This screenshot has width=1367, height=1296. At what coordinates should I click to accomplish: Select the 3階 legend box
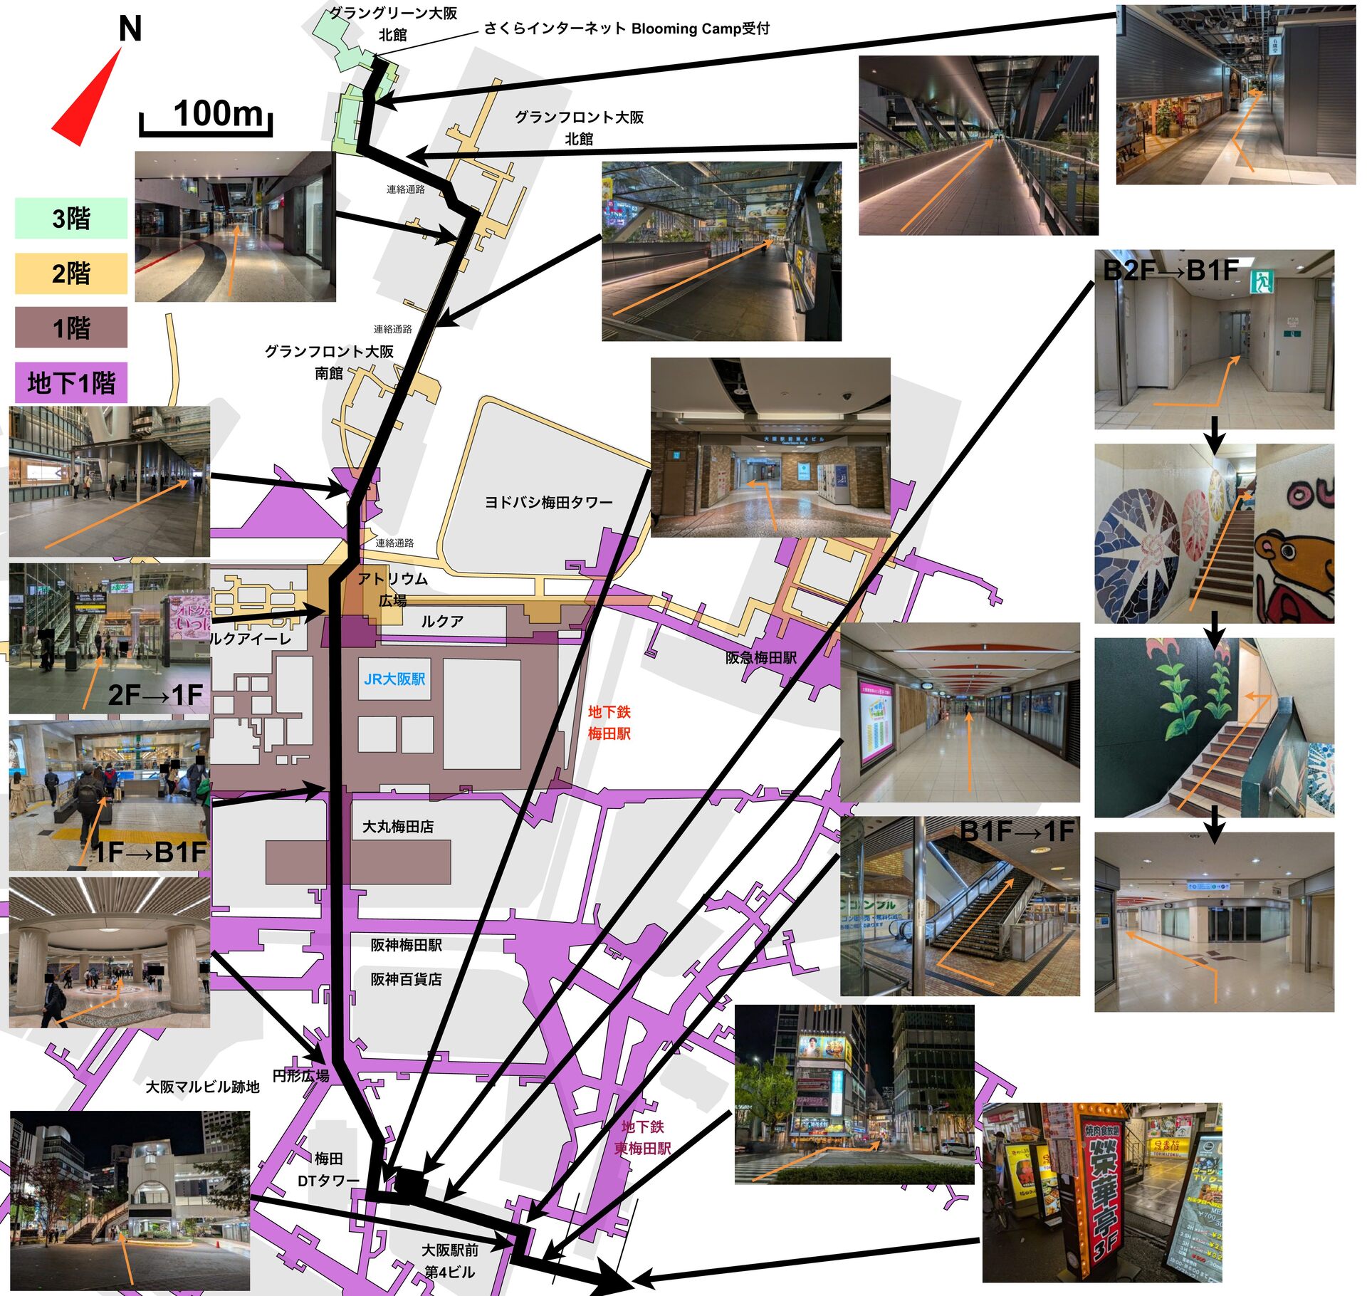click(71, 218)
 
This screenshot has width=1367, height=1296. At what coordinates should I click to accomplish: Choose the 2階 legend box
click(71, 273)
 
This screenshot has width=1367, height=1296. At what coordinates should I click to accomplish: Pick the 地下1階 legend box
click(71, 383)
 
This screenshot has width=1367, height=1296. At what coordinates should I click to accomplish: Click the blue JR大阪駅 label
click(394, 679)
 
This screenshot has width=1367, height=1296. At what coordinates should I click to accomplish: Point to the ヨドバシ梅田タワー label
click(548, 503)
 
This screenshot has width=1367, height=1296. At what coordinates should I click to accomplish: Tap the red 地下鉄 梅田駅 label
click(609, 722)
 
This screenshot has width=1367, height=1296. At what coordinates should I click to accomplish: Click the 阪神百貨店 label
click(406, 979)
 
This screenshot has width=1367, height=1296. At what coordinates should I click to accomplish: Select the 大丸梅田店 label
click(397, 827)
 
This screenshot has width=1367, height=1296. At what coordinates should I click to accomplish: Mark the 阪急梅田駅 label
click(760, 658)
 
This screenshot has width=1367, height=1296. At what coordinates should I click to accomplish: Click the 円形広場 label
click(300, 1075)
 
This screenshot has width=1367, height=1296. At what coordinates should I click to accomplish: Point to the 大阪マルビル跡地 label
click(202, 1087)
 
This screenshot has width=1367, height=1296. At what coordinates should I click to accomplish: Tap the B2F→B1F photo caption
click(1170, 271)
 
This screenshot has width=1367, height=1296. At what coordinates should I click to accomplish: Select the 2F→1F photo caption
click(155, 695)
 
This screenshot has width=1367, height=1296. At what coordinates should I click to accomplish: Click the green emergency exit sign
click(1262, 281)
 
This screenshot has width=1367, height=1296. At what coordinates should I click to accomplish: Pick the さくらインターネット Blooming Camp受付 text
click(627, 28)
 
